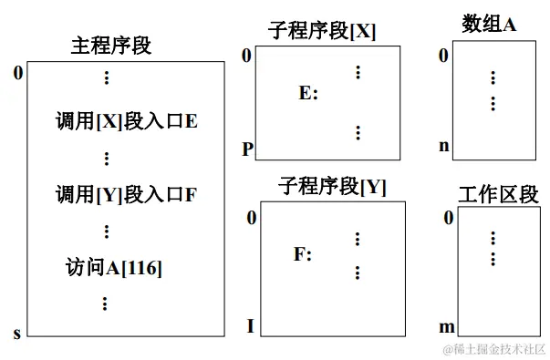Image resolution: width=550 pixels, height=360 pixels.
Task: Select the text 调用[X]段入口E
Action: click(126, 120)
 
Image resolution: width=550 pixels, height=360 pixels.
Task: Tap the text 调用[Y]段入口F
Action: click(126, 193)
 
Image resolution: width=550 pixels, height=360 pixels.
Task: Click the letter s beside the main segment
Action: click(16, 334)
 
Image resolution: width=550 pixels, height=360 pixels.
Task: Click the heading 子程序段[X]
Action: click(321, 31)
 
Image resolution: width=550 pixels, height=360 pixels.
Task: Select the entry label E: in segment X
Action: click(308, 93)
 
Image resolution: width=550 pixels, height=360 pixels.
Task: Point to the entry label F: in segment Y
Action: click(303, 255)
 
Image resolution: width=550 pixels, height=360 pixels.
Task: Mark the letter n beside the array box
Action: click(444, 145)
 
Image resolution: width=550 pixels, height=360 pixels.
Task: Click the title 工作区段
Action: click(498, 194)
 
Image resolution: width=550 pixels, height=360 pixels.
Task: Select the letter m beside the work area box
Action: click(447, 326)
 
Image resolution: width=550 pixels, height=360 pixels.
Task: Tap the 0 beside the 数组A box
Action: click(444, 57)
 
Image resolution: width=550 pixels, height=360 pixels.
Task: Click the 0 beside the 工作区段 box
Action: click(448, 218)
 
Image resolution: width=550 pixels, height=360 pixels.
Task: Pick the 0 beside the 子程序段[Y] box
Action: click(251, 218)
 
